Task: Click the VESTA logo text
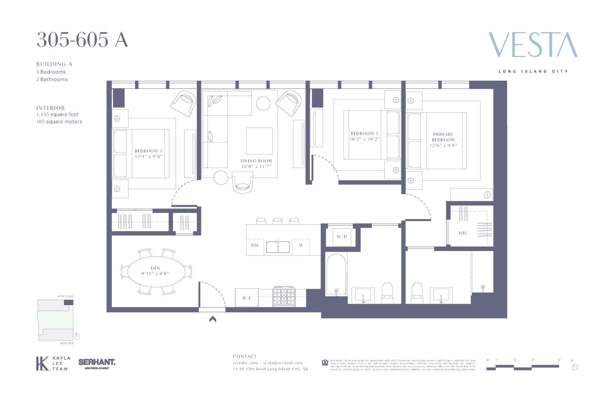[533, 45]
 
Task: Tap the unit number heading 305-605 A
[82, 40]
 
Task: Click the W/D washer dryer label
[342, 237]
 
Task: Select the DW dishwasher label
[255, 245]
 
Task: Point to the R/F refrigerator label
[247, 298]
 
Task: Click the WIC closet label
[463, 233]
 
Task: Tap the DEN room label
[155, 268]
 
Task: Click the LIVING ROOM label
[256, 161]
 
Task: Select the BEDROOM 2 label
[364, 134]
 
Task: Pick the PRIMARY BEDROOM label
[443, 137]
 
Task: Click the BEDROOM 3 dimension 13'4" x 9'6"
[149, 157]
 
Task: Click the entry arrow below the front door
[212, 319]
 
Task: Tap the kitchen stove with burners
[284, 296]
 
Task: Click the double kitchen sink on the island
[278, 247]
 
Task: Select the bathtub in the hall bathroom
[336, 275]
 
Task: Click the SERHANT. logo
[97, 362]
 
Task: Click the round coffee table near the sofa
[263, 103]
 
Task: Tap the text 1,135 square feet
[58, 114]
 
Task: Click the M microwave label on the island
[301, 245]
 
